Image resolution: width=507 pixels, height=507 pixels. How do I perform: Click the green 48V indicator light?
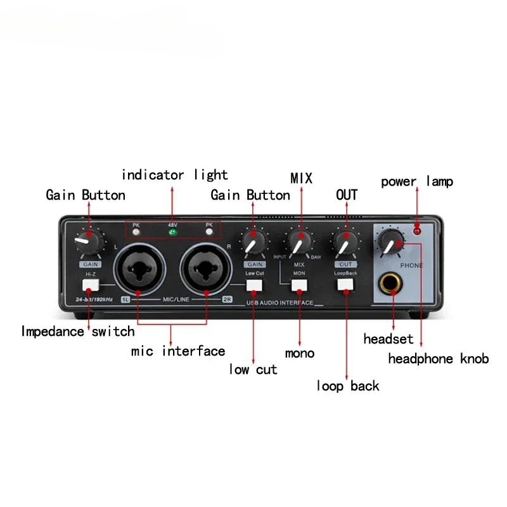(x=172, y=231)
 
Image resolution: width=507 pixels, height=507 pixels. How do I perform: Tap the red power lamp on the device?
(x=417, y=230)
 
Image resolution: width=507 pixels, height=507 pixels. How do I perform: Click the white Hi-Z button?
(x=90, y=285)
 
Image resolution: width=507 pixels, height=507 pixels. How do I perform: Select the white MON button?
(x=299, y=285)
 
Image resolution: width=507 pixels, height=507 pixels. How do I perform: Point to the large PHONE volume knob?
(x=392, y=241)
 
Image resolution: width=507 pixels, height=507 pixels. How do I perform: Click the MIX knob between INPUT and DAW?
(x=298, y=242)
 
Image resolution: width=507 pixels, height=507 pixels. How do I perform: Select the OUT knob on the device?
(x=345, y=242)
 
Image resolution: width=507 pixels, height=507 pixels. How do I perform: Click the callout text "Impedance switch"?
(x=77, y=331)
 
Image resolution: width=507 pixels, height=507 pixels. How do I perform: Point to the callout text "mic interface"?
(x=178, y=350)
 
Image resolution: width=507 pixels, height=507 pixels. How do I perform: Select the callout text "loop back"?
(x=347, y=385)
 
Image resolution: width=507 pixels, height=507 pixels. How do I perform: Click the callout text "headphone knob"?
(x=438, y=359)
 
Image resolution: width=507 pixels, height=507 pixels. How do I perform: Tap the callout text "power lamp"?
(x=417, y=182)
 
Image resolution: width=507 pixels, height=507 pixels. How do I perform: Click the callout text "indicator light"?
(x=174, y=174)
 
